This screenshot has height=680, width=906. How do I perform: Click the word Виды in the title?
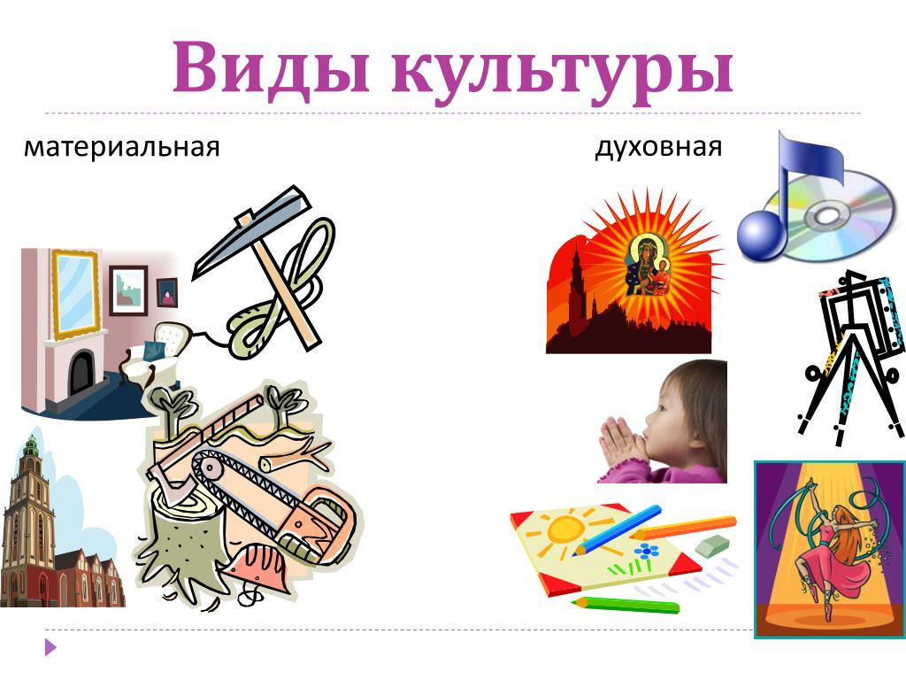click(x=271, y=67)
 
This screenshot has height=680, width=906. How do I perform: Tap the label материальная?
click(x=122, y=147)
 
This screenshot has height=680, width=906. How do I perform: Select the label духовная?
click(x=658, y=148)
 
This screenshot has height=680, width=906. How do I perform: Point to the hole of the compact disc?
click(x=826, y=216)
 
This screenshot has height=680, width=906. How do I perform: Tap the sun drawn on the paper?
click(x=564, y=528)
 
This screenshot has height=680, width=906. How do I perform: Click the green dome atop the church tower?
click(x=31, y=444)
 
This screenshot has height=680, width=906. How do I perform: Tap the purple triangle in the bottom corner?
click(x=50, y=647)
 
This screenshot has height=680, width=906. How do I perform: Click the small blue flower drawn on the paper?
click(x=647, y=550)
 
